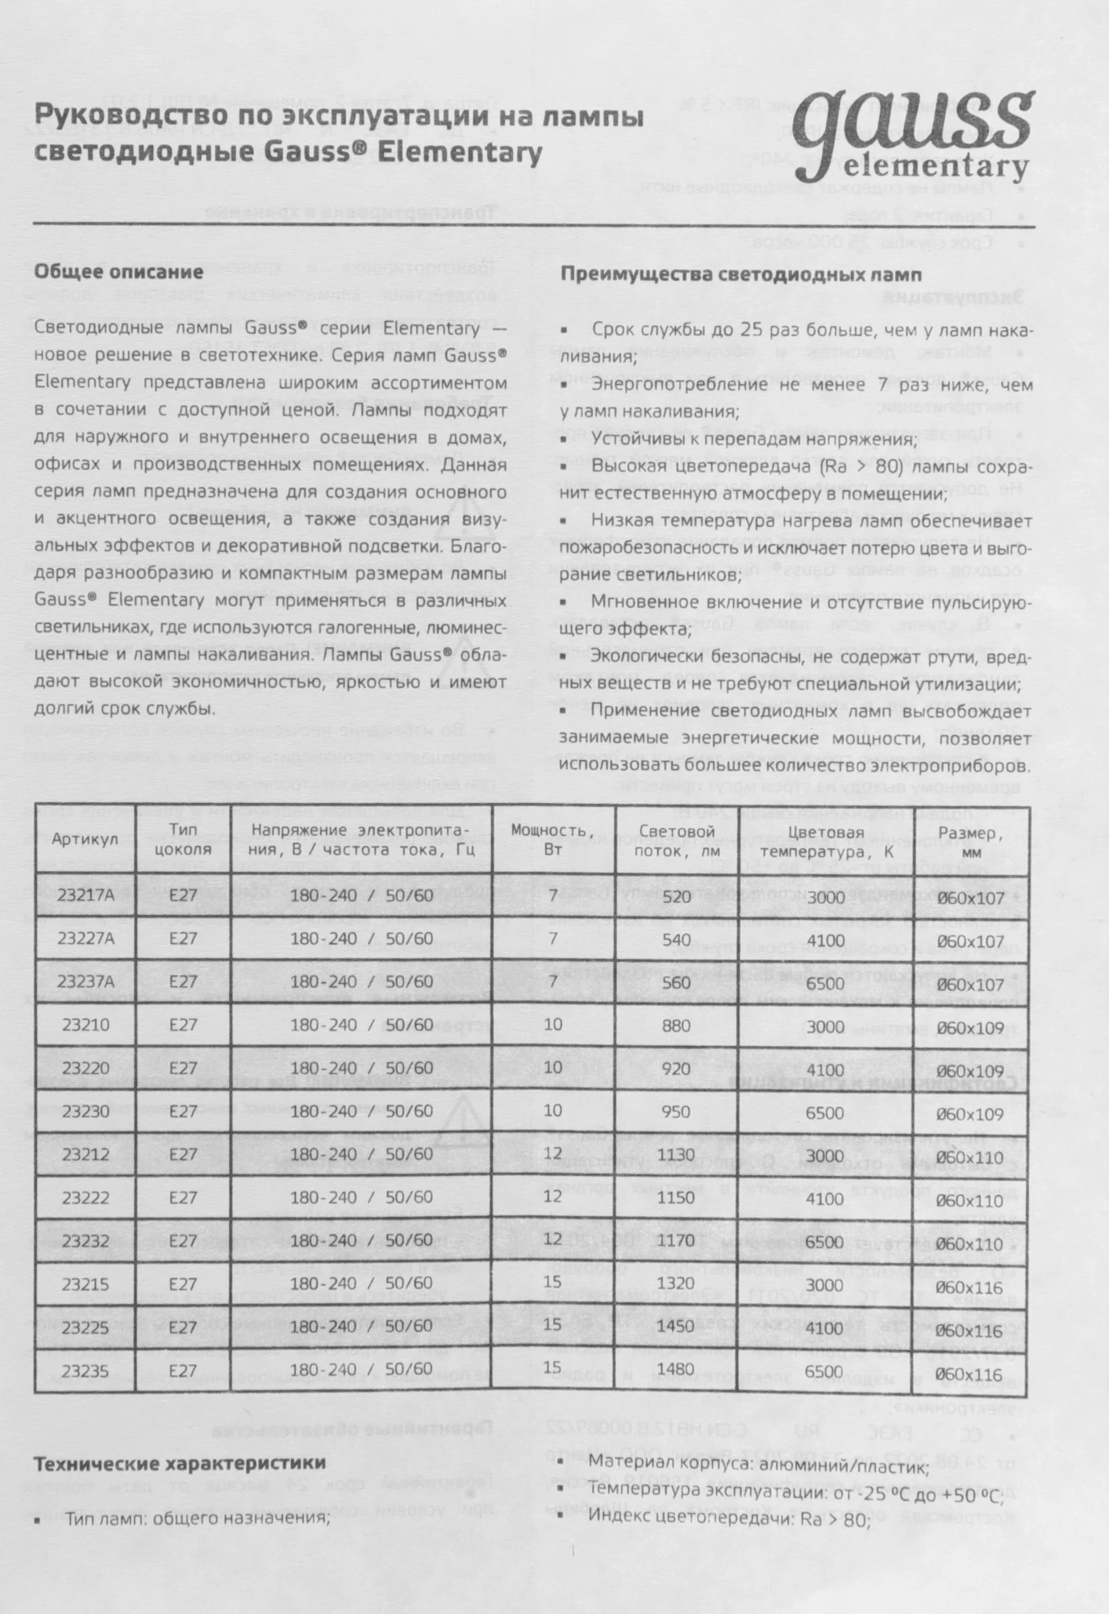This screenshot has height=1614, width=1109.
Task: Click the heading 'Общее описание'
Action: click(119, 272)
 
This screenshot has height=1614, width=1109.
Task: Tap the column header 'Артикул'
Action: click(85, 839)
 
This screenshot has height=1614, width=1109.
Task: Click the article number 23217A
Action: click(86, 896)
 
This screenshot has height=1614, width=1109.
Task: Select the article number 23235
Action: click(85, 1369)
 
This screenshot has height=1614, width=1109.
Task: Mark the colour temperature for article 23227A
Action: click(825, 941)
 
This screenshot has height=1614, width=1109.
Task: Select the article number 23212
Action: click(85, 1154)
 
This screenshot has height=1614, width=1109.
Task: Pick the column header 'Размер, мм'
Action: click(971, 840)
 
